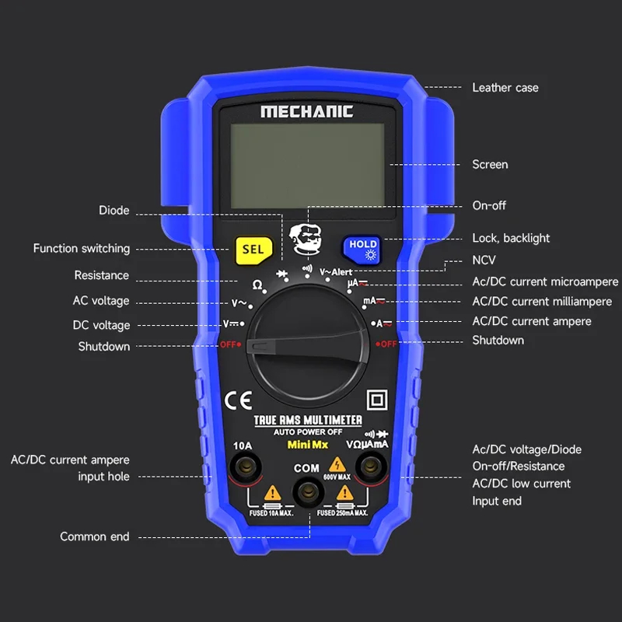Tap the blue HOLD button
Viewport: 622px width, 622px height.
(362, 250)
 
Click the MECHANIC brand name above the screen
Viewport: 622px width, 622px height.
(306, 111)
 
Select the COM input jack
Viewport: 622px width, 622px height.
(308, 492)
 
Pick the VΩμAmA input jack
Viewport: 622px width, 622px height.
(371, 466)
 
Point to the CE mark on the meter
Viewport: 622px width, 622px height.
(238, 400)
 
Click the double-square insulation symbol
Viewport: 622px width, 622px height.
(377, 400)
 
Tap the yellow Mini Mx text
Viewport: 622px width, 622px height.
(308, 445)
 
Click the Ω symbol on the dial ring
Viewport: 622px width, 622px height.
(257, 285)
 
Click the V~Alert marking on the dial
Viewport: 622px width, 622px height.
(336, 272)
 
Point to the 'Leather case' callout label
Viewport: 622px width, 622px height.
(505, 88)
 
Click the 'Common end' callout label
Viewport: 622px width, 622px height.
(94, 536)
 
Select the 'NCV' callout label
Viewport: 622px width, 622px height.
(484, 260)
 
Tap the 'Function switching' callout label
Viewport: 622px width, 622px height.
(82, 249)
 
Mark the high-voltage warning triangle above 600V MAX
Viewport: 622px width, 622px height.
(337, 464)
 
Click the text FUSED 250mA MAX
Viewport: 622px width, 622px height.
(342, 513)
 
